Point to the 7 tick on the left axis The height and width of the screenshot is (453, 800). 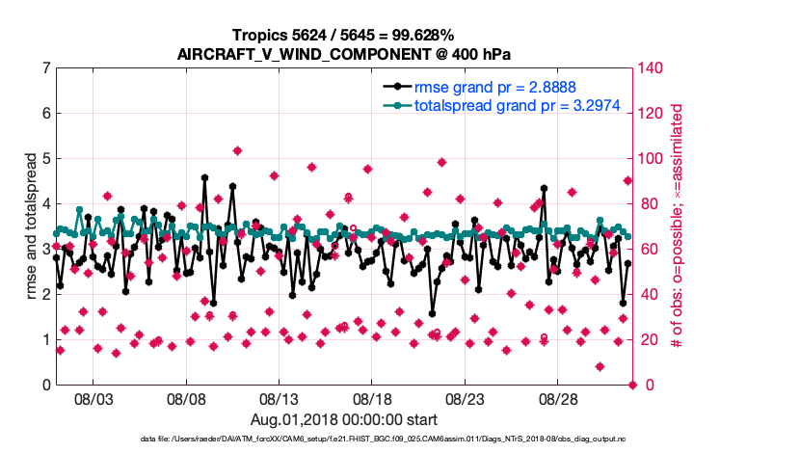coord(45,68)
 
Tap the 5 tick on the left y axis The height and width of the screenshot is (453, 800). coord(45,158)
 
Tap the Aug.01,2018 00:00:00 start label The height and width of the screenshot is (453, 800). coord(344,418)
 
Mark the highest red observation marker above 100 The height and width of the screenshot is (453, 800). coord(237,151)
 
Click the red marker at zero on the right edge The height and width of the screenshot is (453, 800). coord(633,385)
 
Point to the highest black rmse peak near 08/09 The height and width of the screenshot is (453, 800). coord(204,177)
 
